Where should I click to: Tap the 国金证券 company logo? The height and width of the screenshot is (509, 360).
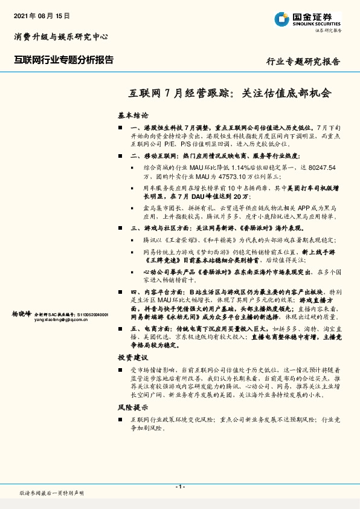click(307, 20)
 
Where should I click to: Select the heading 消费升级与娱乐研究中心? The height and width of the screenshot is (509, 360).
click(60, 37)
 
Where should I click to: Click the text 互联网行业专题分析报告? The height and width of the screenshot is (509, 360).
click(63, 60)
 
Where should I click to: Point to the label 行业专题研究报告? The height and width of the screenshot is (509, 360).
click(303, 62)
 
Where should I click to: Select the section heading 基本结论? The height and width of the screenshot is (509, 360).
click(133, 115)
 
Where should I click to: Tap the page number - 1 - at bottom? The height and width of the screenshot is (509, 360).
click(179, 486)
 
